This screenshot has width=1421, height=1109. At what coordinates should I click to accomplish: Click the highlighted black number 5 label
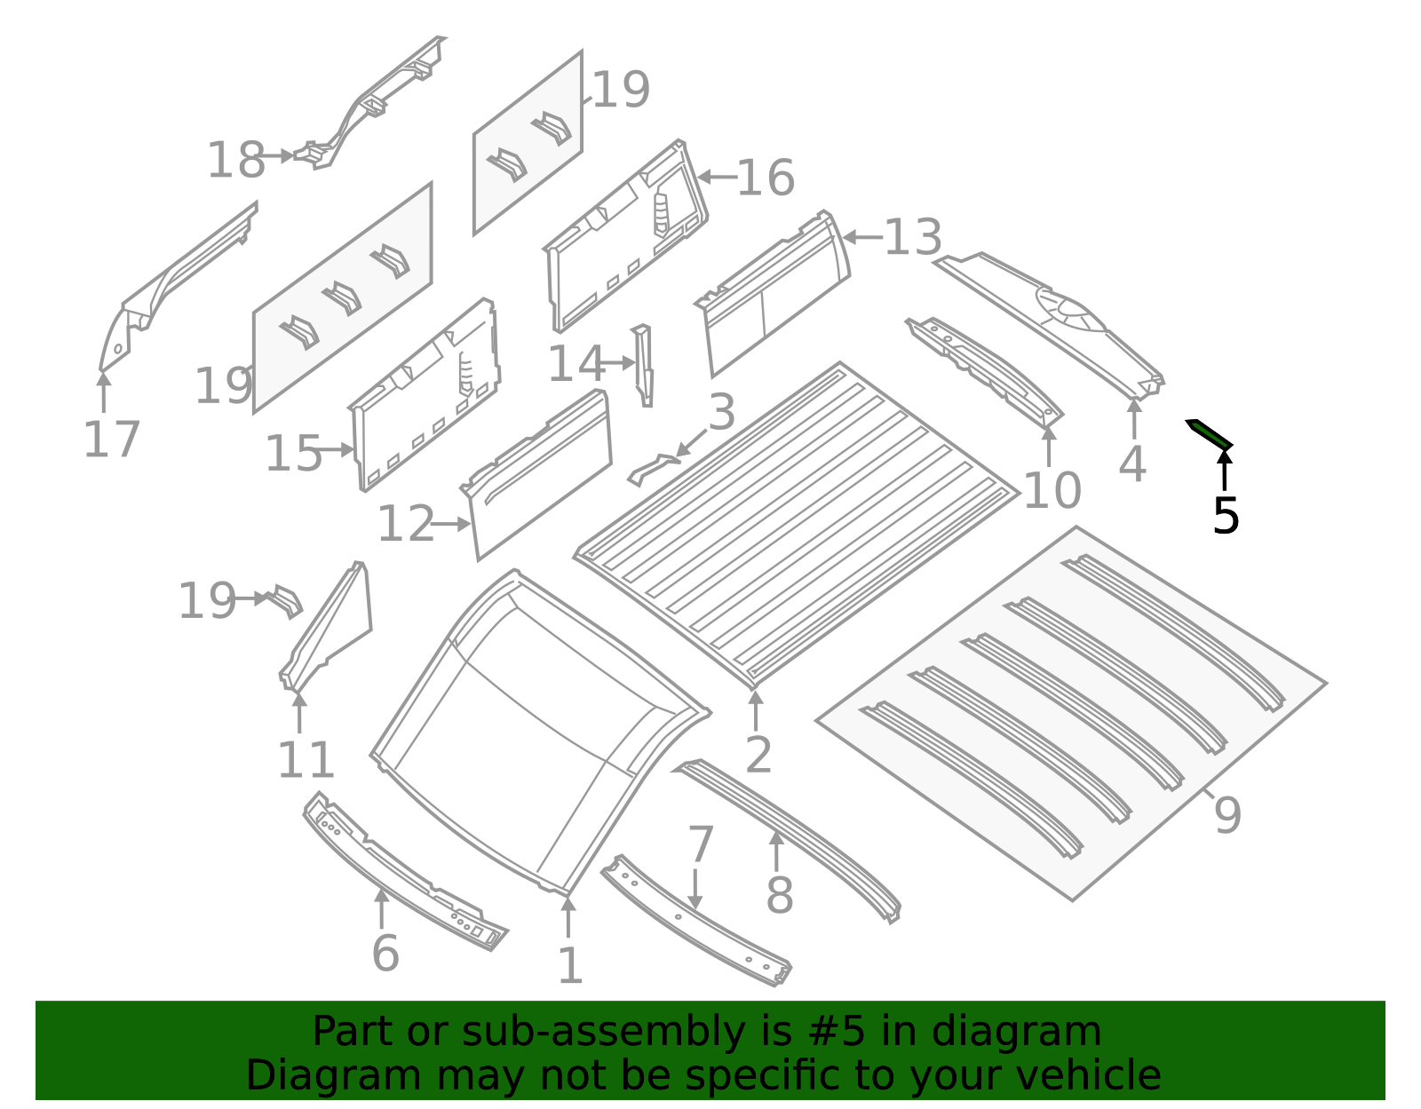(1225, 517)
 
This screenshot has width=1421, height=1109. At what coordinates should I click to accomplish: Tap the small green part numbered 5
(1210, 432)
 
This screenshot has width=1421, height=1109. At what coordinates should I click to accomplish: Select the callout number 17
(111, 440)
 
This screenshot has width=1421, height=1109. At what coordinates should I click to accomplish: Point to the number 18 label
(235, 161)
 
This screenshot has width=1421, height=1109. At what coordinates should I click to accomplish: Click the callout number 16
(765, 178)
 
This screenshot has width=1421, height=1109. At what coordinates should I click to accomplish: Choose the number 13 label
(912, 238)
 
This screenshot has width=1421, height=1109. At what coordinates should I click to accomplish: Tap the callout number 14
(575, 364)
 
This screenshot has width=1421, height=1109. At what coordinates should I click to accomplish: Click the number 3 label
(721, 413)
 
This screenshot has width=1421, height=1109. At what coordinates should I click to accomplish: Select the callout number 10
(1052, 491)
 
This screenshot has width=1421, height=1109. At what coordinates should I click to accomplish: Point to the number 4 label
(1132, 464)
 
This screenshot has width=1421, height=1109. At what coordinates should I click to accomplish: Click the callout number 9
(1227, 814)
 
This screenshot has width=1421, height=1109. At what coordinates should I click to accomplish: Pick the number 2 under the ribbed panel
(758, 755)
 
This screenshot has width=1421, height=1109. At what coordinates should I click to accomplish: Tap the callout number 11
(306, 760)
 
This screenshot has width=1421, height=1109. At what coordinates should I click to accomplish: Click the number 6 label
(385, 954)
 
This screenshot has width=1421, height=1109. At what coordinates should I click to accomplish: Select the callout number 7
(700, 844)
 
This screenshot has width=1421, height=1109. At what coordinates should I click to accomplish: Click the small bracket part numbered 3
(654, 469)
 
